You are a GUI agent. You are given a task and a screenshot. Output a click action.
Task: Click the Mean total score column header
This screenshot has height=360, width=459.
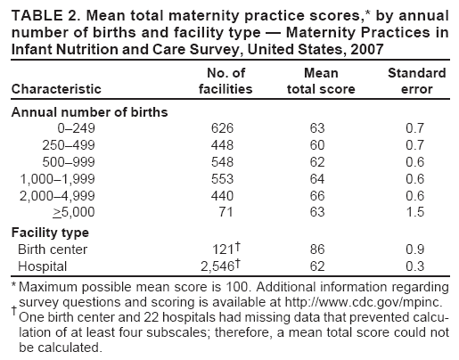[x=320, y=81]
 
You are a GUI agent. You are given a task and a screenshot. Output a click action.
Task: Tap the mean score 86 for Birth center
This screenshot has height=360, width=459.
[x=319, y=249]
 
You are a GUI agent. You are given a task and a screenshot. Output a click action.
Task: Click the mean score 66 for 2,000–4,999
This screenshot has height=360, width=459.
[x=319, y=196]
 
